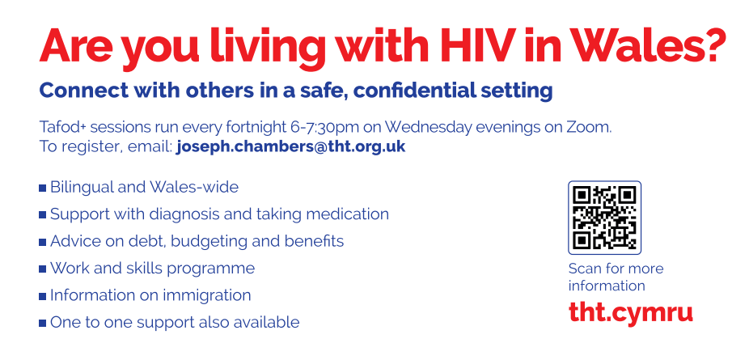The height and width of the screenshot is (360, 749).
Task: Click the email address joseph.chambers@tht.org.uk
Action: [x=290, y=146]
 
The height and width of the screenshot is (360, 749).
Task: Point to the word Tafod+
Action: [x=63, y=128]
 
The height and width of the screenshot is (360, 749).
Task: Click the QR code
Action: [x=604, y=218]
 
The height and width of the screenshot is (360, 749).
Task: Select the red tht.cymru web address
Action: [x=631, y=312]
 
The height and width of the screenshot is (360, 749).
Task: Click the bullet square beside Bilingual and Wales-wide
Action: [x=43, y=188]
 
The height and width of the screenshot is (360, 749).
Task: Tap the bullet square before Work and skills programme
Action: [x=43, y=269]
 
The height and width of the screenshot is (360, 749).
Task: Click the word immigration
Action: [x=207, y=295]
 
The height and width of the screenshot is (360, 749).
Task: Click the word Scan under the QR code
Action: [x=584, y=269]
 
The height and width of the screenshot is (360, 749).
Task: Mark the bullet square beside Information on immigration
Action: [x=43, y=296]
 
